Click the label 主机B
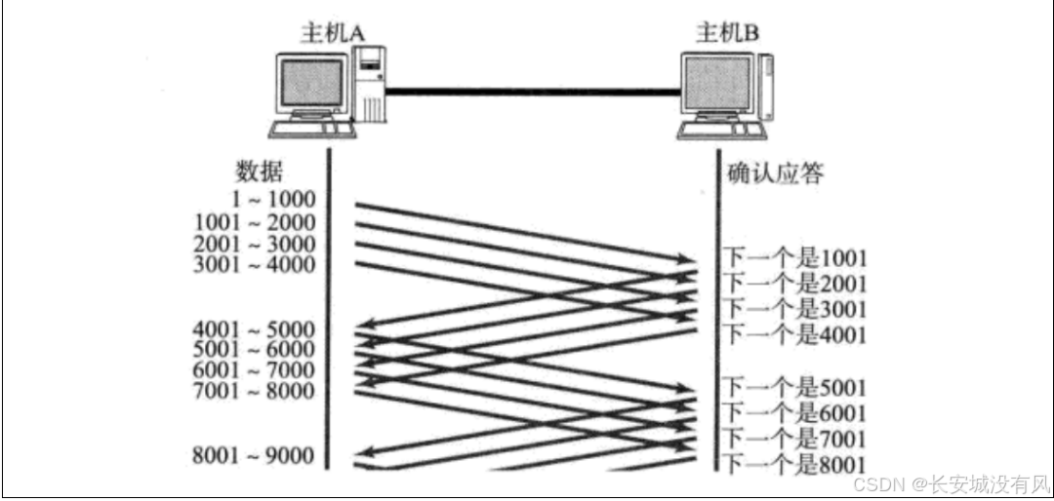click(727, 33)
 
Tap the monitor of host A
click(311, 83)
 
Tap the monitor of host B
click(719, 85)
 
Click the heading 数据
click(260, 172)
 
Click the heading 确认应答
click(776, 173)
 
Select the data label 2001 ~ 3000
click(255, 244)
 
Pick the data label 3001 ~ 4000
click(255, 265)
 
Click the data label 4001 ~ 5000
click(255, 328)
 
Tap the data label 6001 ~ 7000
click(255, 370)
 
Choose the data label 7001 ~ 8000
click(255, 392)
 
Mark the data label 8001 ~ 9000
click(255, 455)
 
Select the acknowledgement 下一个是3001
click(794, 309)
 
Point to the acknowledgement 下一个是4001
click(794, 335)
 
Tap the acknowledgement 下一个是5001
click(794, 387)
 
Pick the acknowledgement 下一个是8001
click(794, 464)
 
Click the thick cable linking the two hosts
click(532, 92)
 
